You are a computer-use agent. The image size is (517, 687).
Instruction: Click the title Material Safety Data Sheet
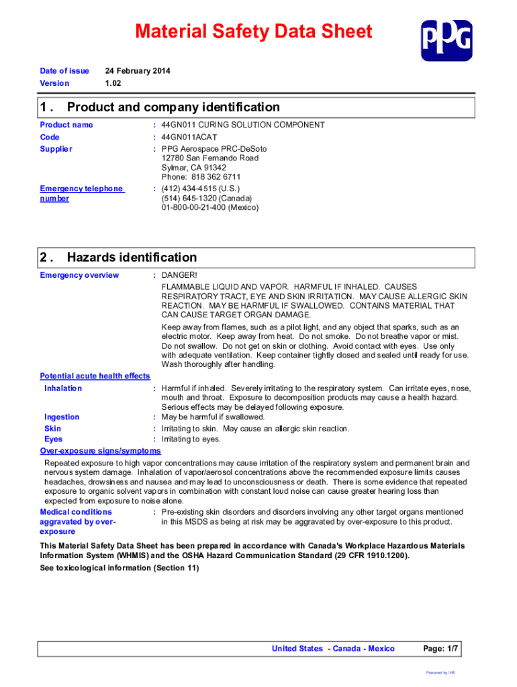(x=253, y=32)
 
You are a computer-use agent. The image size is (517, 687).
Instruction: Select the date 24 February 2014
(x=138, y=70)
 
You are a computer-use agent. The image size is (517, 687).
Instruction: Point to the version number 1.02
(x=113, y=83)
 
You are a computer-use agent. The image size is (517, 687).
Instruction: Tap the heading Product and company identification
(x=173, y=107)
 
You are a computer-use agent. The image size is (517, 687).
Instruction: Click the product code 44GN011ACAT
(x=189, y=137)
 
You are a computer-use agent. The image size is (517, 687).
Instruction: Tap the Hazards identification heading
(x=132, y=258)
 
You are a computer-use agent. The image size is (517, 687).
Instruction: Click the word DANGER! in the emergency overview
(x=179, y=275)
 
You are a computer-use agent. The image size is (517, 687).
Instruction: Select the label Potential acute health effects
(x=95, y=376)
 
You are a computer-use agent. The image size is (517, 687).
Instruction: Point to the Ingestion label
(x=62, y=417)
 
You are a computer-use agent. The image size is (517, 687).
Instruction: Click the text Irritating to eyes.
(x=191, y=439)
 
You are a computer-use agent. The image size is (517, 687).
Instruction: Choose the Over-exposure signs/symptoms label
(x=100, y=451)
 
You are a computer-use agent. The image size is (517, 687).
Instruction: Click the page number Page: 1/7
(x=440, y=649)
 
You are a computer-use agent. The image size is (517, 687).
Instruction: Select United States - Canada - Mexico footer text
(x=333, y=649)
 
